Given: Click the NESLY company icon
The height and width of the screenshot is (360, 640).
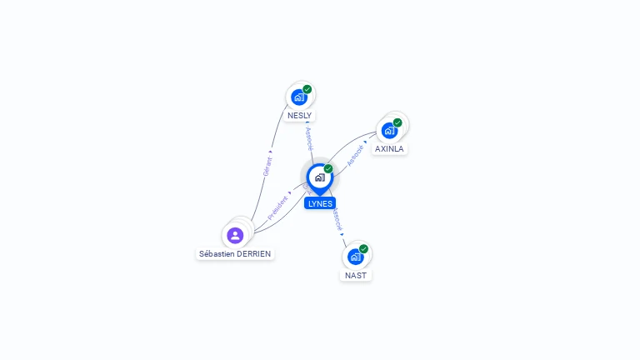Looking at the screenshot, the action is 299,97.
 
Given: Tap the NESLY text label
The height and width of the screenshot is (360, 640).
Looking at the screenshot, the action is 300,116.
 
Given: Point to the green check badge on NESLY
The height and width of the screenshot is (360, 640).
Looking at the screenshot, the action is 307,89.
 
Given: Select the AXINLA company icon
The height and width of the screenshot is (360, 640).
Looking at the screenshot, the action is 389,131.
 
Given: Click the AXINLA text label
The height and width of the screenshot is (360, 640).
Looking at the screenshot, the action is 389,149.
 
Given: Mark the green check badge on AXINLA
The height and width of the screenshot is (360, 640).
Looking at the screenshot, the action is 397,122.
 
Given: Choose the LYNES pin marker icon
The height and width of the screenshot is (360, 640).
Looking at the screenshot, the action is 319,177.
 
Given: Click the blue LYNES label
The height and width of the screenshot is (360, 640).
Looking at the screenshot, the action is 320,203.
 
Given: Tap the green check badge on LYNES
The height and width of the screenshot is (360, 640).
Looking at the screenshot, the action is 328,169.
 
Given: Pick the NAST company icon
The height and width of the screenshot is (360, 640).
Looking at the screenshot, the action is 355,257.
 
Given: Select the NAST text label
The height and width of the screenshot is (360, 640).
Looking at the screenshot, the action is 356,275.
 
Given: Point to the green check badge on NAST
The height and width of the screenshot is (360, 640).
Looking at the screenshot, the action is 363,248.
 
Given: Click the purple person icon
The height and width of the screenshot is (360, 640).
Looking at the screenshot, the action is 235,235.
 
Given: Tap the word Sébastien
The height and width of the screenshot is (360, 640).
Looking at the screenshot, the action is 216,253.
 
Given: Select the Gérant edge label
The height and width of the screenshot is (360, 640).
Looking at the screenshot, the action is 267,166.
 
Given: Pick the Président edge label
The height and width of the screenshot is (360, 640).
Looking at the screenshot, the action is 278,207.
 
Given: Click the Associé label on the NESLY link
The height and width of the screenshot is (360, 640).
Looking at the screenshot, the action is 309,138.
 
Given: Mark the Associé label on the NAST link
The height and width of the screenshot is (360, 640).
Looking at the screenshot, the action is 337,219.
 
